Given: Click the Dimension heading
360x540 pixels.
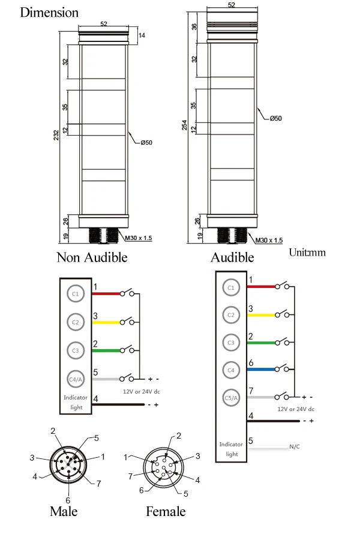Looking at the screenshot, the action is (49, 13).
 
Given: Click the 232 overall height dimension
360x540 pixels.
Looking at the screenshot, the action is (56, 134).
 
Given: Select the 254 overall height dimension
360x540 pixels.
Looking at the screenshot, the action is (184, 125).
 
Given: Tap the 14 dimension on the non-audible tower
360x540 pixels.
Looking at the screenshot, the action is (142, 35).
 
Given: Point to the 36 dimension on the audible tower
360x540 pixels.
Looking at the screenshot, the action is (194, 26).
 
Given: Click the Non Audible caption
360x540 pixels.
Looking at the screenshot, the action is (92, 257).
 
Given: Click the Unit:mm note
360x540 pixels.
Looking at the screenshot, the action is (307, 253).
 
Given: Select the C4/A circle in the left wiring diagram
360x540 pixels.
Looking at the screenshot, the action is (76, 379).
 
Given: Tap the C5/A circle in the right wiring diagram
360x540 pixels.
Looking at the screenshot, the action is (231, 398).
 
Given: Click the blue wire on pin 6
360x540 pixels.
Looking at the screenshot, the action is (262, 370).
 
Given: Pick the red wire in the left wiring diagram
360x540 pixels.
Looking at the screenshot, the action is (106, 294).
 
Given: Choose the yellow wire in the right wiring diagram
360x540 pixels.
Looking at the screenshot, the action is (262, 315).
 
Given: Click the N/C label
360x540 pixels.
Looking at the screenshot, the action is (295, 446).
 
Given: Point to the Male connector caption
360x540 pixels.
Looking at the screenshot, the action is (64, 511).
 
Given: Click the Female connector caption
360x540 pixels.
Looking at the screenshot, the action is (166, 511).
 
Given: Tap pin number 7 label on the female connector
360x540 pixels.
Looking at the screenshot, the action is (130, 476).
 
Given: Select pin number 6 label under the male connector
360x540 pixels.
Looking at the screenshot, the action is (68, 500).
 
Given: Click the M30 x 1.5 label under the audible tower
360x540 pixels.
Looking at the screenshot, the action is (269, 240).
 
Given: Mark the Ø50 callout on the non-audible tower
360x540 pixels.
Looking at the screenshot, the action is (146, 143).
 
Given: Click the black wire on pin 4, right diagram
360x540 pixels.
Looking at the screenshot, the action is (274, 421).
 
